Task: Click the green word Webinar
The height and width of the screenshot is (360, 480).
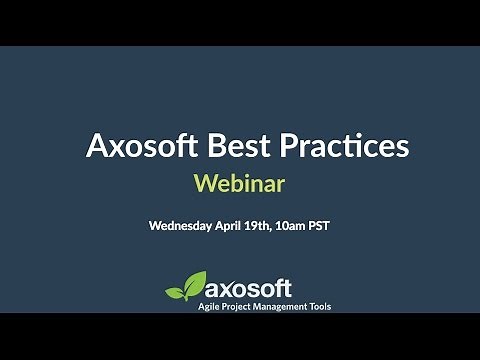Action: (239, 184)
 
